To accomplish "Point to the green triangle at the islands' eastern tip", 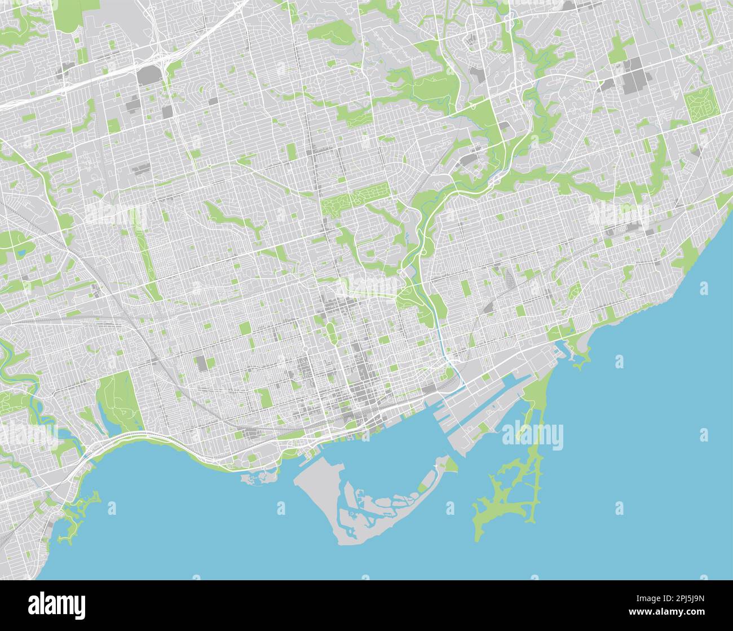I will click(x=450, y=465).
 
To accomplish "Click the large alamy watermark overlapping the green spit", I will click(x=532, y=435).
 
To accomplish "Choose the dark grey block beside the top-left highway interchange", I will click(x=148, y=76).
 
